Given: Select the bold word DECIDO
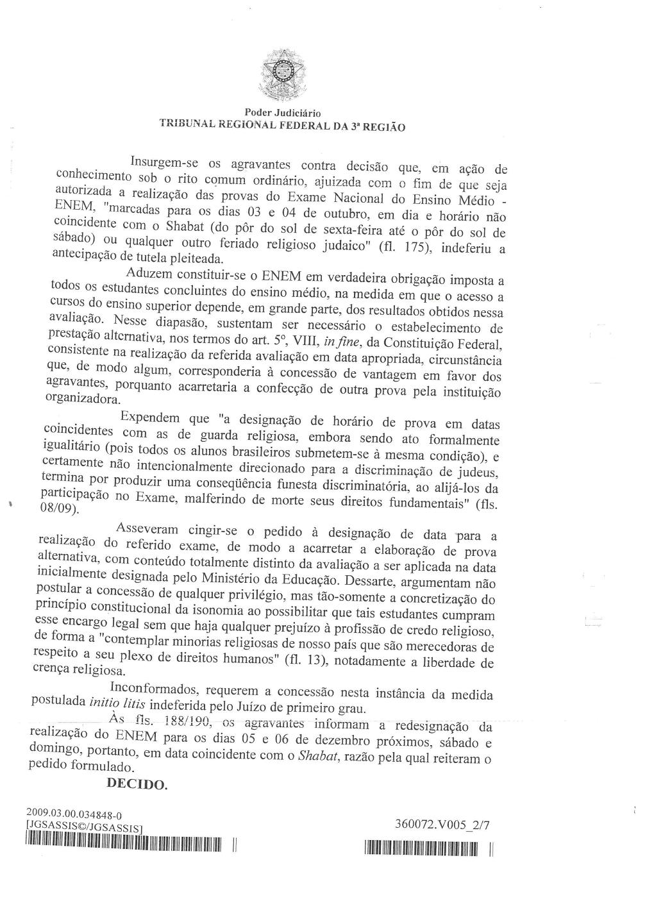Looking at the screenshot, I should pyautogui.click(x=136, y=783).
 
